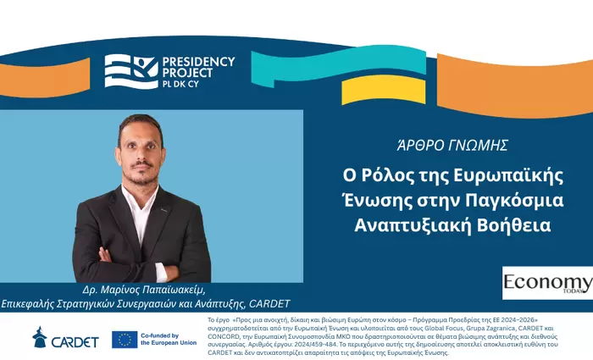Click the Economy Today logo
pyautogui.click(x=546, y=284)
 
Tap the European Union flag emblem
pyautogui.click(x=125, y=339)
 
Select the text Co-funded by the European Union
pyautogui.click(x=170, y=339)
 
